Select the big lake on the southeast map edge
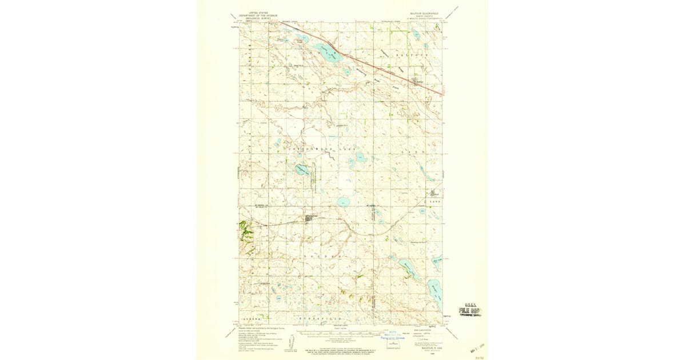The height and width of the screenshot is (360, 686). [x=436, y=294]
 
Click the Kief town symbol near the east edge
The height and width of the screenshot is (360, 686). [x=433, y=194]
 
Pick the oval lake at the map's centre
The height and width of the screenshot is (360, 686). [x=343, y=201]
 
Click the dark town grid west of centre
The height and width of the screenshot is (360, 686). [x=311, y=218]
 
